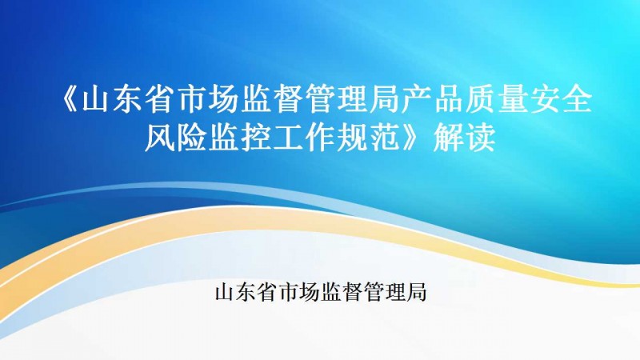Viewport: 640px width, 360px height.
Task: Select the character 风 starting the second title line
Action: (x=161, y=137)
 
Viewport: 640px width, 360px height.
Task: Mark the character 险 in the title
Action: (x=193, y=137)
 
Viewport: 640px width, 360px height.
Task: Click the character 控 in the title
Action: (x=257, y=137)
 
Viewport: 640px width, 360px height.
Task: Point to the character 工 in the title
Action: (x=289, y=137)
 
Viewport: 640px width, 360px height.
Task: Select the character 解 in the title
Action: (x=448, y=137)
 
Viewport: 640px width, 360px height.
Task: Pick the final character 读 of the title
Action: (x=481, y=137)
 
